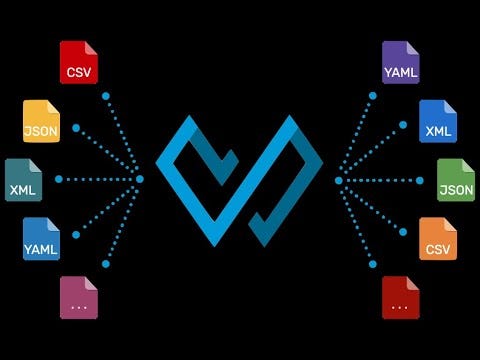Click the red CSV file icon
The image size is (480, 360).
point(78,61)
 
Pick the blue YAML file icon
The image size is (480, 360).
point(41,239)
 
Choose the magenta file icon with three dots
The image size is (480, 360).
point(78,297)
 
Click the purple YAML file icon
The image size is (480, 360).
point(400,61)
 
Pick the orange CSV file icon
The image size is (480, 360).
point(437,239)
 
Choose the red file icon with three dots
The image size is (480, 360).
point(400,297)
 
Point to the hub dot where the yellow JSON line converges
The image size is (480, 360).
point(140,179)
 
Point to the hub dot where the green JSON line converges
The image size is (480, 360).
point(339,180)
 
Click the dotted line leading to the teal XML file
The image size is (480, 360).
point(100,179)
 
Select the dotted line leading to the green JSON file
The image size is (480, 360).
point(380,180)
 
